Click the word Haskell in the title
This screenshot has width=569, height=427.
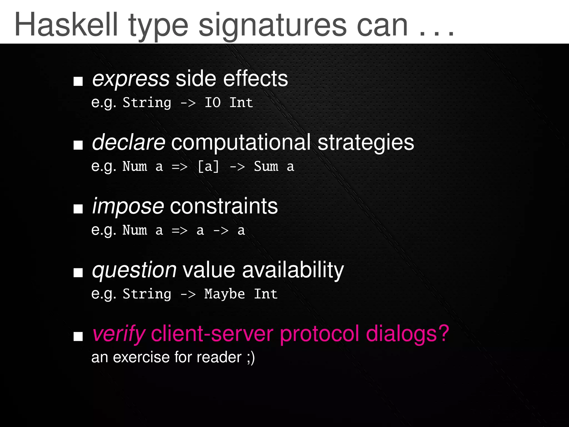click(66, 25)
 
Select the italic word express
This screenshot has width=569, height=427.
click(131, 79)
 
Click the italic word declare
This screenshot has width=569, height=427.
click(129, 142)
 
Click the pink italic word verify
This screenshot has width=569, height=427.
click(119, 334)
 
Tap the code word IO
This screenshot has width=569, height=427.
click(213, 103)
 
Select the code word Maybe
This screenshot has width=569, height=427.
click(225, 294)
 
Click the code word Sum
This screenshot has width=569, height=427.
click(266, 167)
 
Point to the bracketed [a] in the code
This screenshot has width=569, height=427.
click(208, 167)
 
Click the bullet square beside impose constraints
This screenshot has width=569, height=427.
click(78, 209)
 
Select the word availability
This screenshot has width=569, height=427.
click(293, 270)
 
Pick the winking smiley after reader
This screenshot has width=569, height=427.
click(250, 358)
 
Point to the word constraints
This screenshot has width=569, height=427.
click(224, 207)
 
